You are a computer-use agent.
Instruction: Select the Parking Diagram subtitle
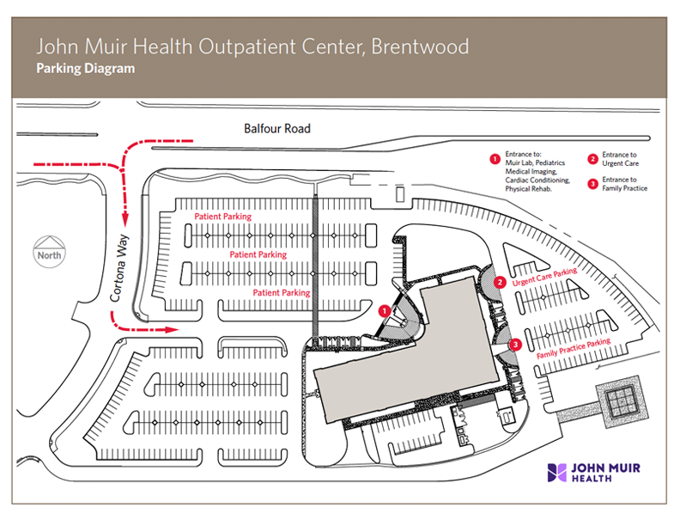[x=86, y=69]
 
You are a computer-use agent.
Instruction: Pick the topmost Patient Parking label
[x=222, y=217]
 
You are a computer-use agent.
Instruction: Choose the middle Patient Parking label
[x=258, y=255]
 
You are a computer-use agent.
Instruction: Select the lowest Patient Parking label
[x=282, y=293]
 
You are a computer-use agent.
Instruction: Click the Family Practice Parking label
[x=574, y=348]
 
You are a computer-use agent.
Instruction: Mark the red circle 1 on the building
[x=385, y=309]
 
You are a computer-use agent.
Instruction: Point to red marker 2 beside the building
[x=501, y=282]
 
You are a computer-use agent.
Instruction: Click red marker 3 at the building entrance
[x=515, y=345]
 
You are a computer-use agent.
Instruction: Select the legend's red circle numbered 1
[x=494, y=159]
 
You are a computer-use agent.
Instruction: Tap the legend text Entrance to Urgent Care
[x=620, y=159]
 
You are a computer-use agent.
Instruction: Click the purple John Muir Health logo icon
[x=556, y=472]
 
